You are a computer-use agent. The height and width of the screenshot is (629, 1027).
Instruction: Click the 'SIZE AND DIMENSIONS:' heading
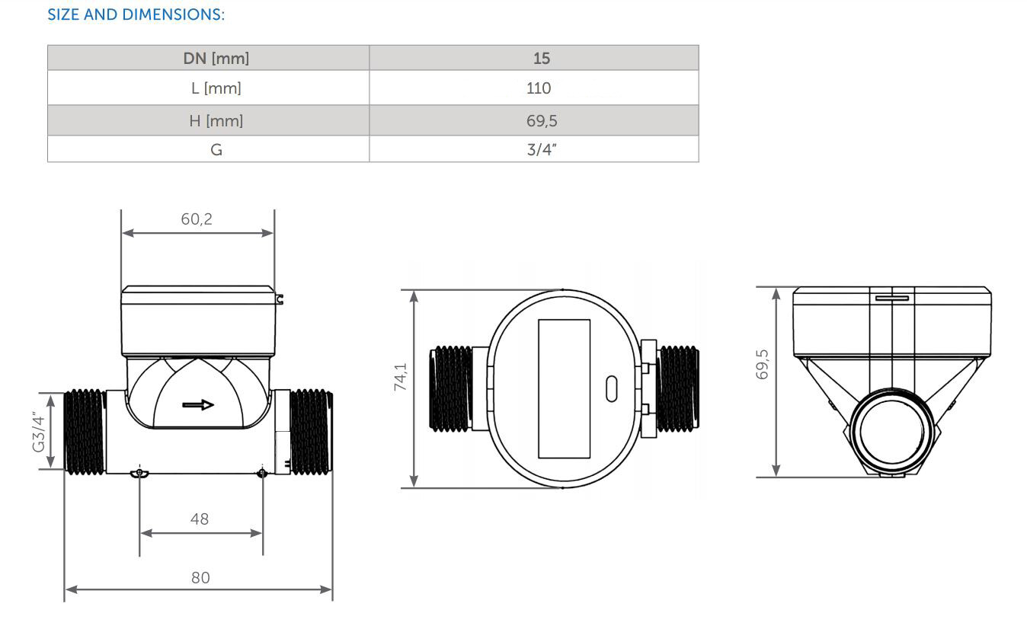coord(136,14)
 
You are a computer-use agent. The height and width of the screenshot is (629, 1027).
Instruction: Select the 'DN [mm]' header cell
coord(216,58)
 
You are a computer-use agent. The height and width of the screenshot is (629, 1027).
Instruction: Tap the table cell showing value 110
coord(538,88)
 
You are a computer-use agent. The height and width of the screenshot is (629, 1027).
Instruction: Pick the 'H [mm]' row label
coord(216,121)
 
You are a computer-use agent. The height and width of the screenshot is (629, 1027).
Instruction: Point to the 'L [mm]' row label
coord(216,88)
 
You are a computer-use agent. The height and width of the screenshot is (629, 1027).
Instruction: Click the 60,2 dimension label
coord(197,219)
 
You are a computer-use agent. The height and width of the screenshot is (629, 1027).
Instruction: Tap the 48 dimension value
coord(200,519)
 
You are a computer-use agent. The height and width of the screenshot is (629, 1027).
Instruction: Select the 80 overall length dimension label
coord(200,578)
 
